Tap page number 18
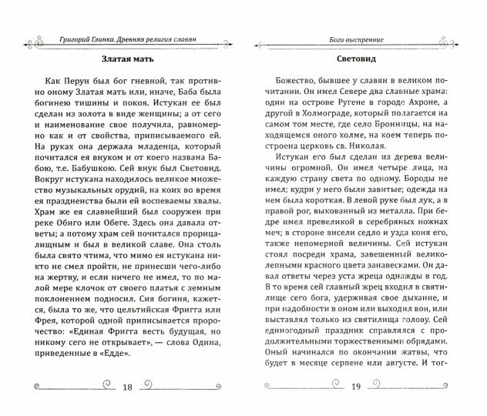129,387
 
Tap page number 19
356,387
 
